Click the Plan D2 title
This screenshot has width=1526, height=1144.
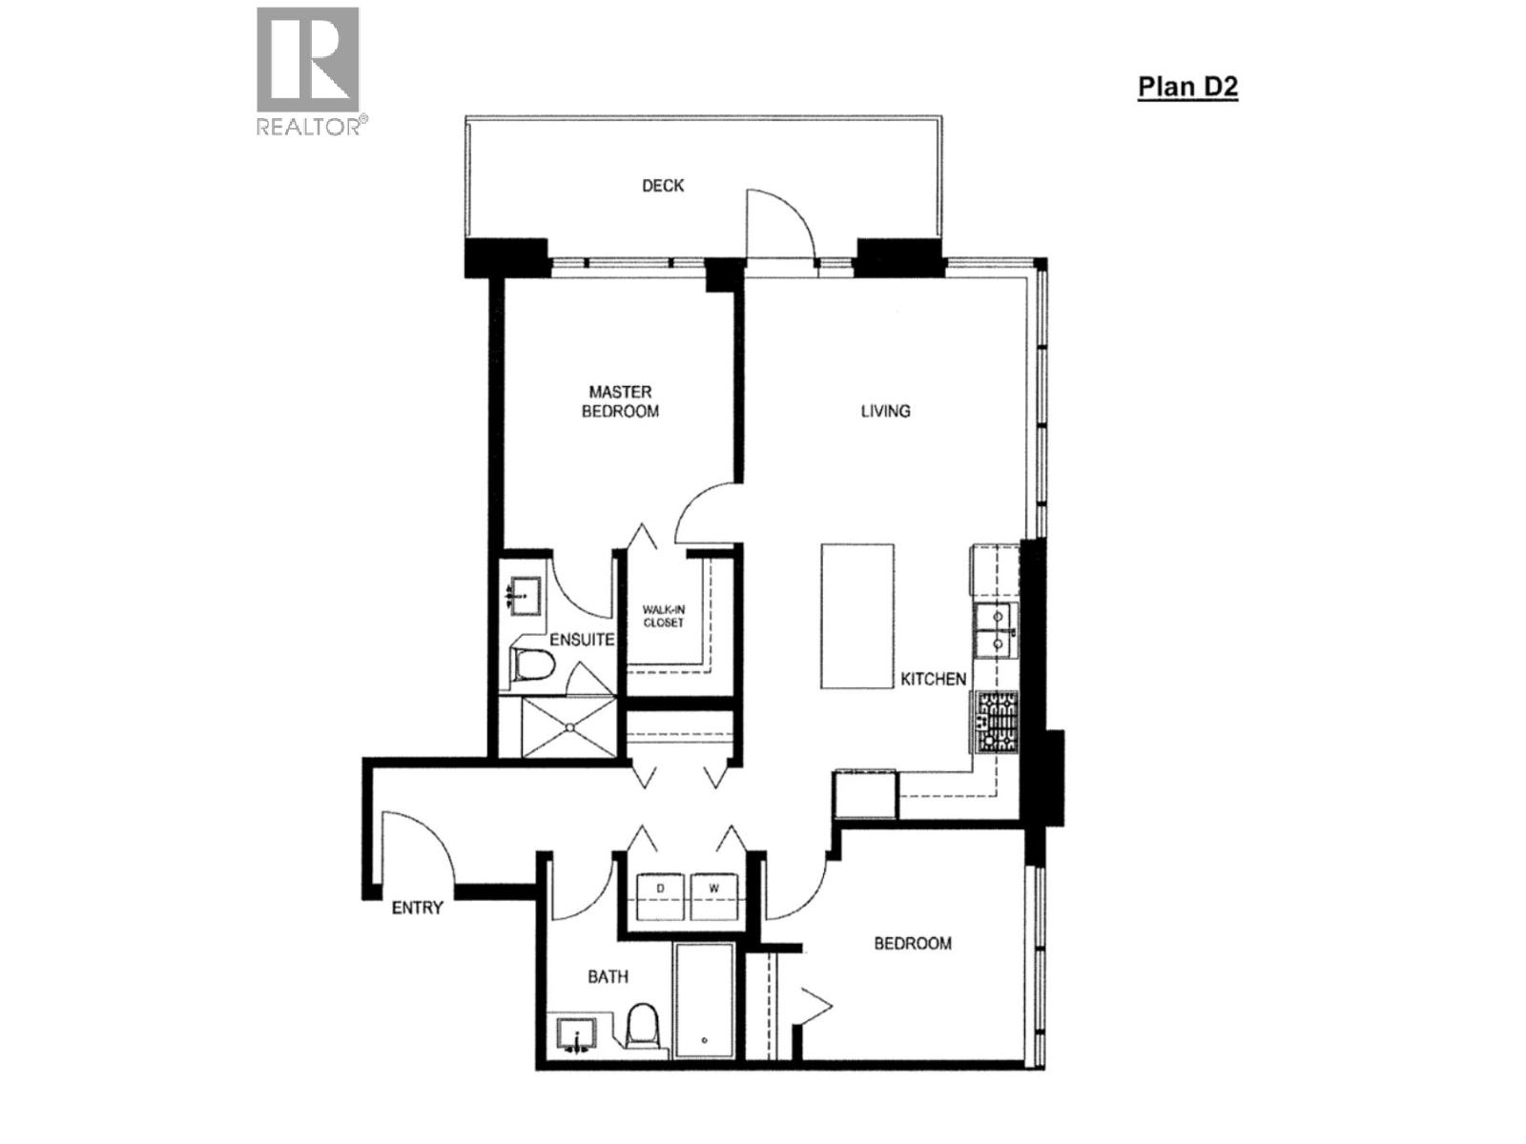tap(1187, 87)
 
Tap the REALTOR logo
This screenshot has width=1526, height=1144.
tap(308, 71)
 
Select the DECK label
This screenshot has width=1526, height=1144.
tap(663, 185)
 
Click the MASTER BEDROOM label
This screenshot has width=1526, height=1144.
tap(621, 401)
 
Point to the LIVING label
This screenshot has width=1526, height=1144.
tap(885, 411)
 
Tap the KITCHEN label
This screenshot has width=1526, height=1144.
tap(934, 679)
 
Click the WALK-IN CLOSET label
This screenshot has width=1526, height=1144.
tap(663, 616)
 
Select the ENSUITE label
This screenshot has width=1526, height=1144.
tap(581, 640)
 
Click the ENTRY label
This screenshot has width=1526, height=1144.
tap(418, 908)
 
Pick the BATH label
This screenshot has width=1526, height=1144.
tap(608, 976)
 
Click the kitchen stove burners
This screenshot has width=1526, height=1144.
tap(996, 722)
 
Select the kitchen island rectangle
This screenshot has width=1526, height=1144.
tap(857, 616)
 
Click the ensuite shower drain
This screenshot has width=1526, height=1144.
tap(569, 727)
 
